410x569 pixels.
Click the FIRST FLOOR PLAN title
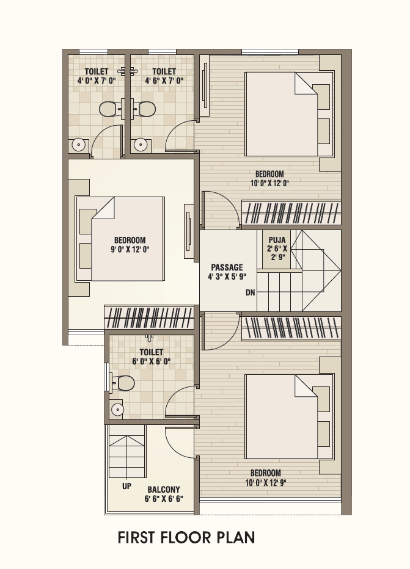point(186,537)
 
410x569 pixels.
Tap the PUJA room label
point(277,240)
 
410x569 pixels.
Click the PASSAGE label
point(227,267)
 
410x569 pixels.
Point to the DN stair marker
point(250,292)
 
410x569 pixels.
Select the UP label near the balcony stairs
point(126,486)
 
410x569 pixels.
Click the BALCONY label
point(164,490)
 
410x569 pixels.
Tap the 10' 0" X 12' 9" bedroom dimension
point(265,483)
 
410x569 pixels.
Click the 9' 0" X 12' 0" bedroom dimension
point(130,249)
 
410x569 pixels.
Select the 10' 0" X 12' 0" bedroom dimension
point(269,183)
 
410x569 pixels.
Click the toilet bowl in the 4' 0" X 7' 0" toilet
point(108,109)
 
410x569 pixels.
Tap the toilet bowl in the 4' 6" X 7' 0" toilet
point(147,109)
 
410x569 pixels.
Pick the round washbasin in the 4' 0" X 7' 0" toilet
point(79,145)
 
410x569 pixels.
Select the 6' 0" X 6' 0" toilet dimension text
point(152,361)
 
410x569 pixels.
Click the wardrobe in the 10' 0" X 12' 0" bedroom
point(291,212)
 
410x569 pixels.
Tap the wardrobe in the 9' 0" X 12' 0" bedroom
point(149,318)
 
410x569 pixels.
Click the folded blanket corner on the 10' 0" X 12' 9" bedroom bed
point(306,386)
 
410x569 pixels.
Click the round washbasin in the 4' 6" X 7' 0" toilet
point(140,145)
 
